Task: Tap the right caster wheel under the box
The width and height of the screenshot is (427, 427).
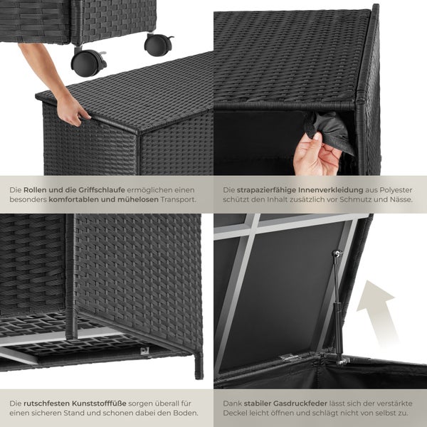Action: click(157, 46)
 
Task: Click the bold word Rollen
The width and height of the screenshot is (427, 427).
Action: click(37, 190)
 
